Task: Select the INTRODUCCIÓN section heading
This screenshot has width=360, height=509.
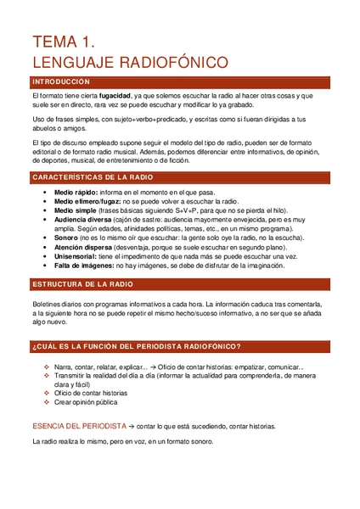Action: coord(60,81)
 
